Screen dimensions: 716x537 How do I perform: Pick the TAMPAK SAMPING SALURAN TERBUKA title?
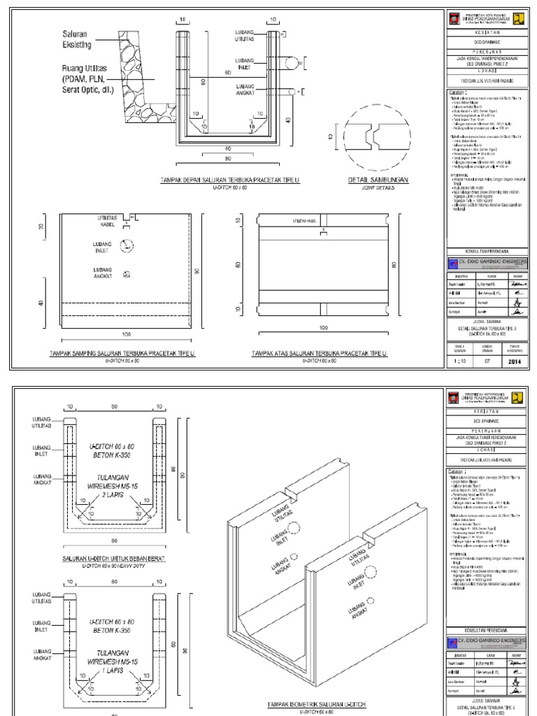pyautogui.click(x=122, y=355)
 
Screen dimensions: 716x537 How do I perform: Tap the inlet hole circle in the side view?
pyautogui.click(x=125, y=245)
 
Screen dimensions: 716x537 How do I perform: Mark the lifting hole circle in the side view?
pyautogui.click(x=127, y=274)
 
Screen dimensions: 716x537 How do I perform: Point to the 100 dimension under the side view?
pyautogui.click(x=127, y=335)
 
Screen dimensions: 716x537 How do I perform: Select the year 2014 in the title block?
pyautogui.click(x=514, y=362)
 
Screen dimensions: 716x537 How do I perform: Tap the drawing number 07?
pyautogui.click(x=487, y=362)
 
